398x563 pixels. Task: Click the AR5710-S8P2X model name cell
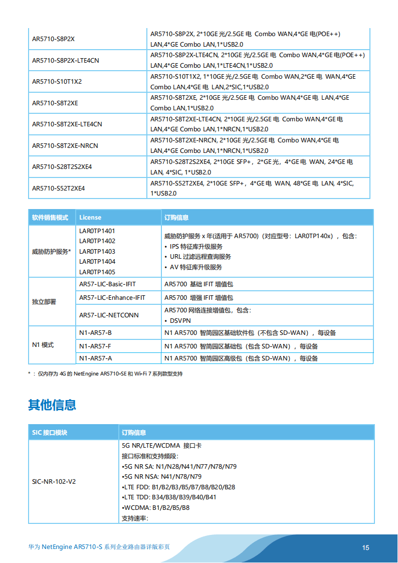(53, 39)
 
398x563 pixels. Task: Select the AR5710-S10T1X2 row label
(57, 82)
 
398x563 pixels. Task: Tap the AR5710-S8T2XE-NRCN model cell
(65, 146)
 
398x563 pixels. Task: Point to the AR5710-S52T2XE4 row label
(59, 189)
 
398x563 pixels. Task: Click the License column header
(90, 218)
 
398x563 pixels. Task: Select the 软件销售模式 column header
(50, 218)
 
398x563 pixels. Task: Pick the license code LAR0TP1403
(97, 252)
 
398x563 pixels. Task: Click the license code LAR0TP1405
(97, 272)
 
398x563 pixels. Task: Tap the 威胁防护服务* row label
(52, 252)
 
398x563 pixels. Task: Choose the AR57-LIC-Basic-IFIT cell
(107, 284)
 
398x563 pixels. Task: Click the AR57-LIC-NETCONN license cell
(109, 315)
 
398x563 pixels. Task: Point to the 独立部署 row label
(44, 302)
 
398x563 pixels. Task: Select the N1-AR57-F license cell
(95, 346)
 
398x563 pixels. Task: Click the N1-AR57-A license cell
(95, 358)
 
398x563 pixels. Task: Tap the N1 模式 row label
(43, 345)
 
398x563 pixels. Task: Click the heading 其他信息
(52, 405)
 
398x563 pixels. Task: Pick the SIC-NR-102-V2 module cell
(54, 481)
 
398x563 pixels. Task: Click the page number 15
(366, 547)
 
